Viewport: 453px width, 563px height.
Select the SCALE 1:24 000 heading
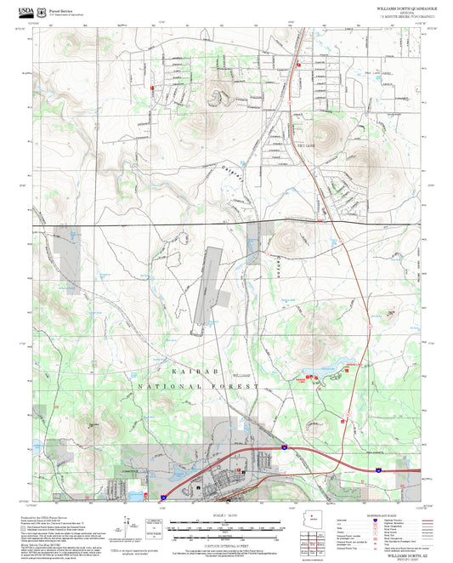click(x=226, y=515)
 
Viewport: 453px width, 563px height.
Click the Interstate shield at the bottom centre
click(x=285, y=446)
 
